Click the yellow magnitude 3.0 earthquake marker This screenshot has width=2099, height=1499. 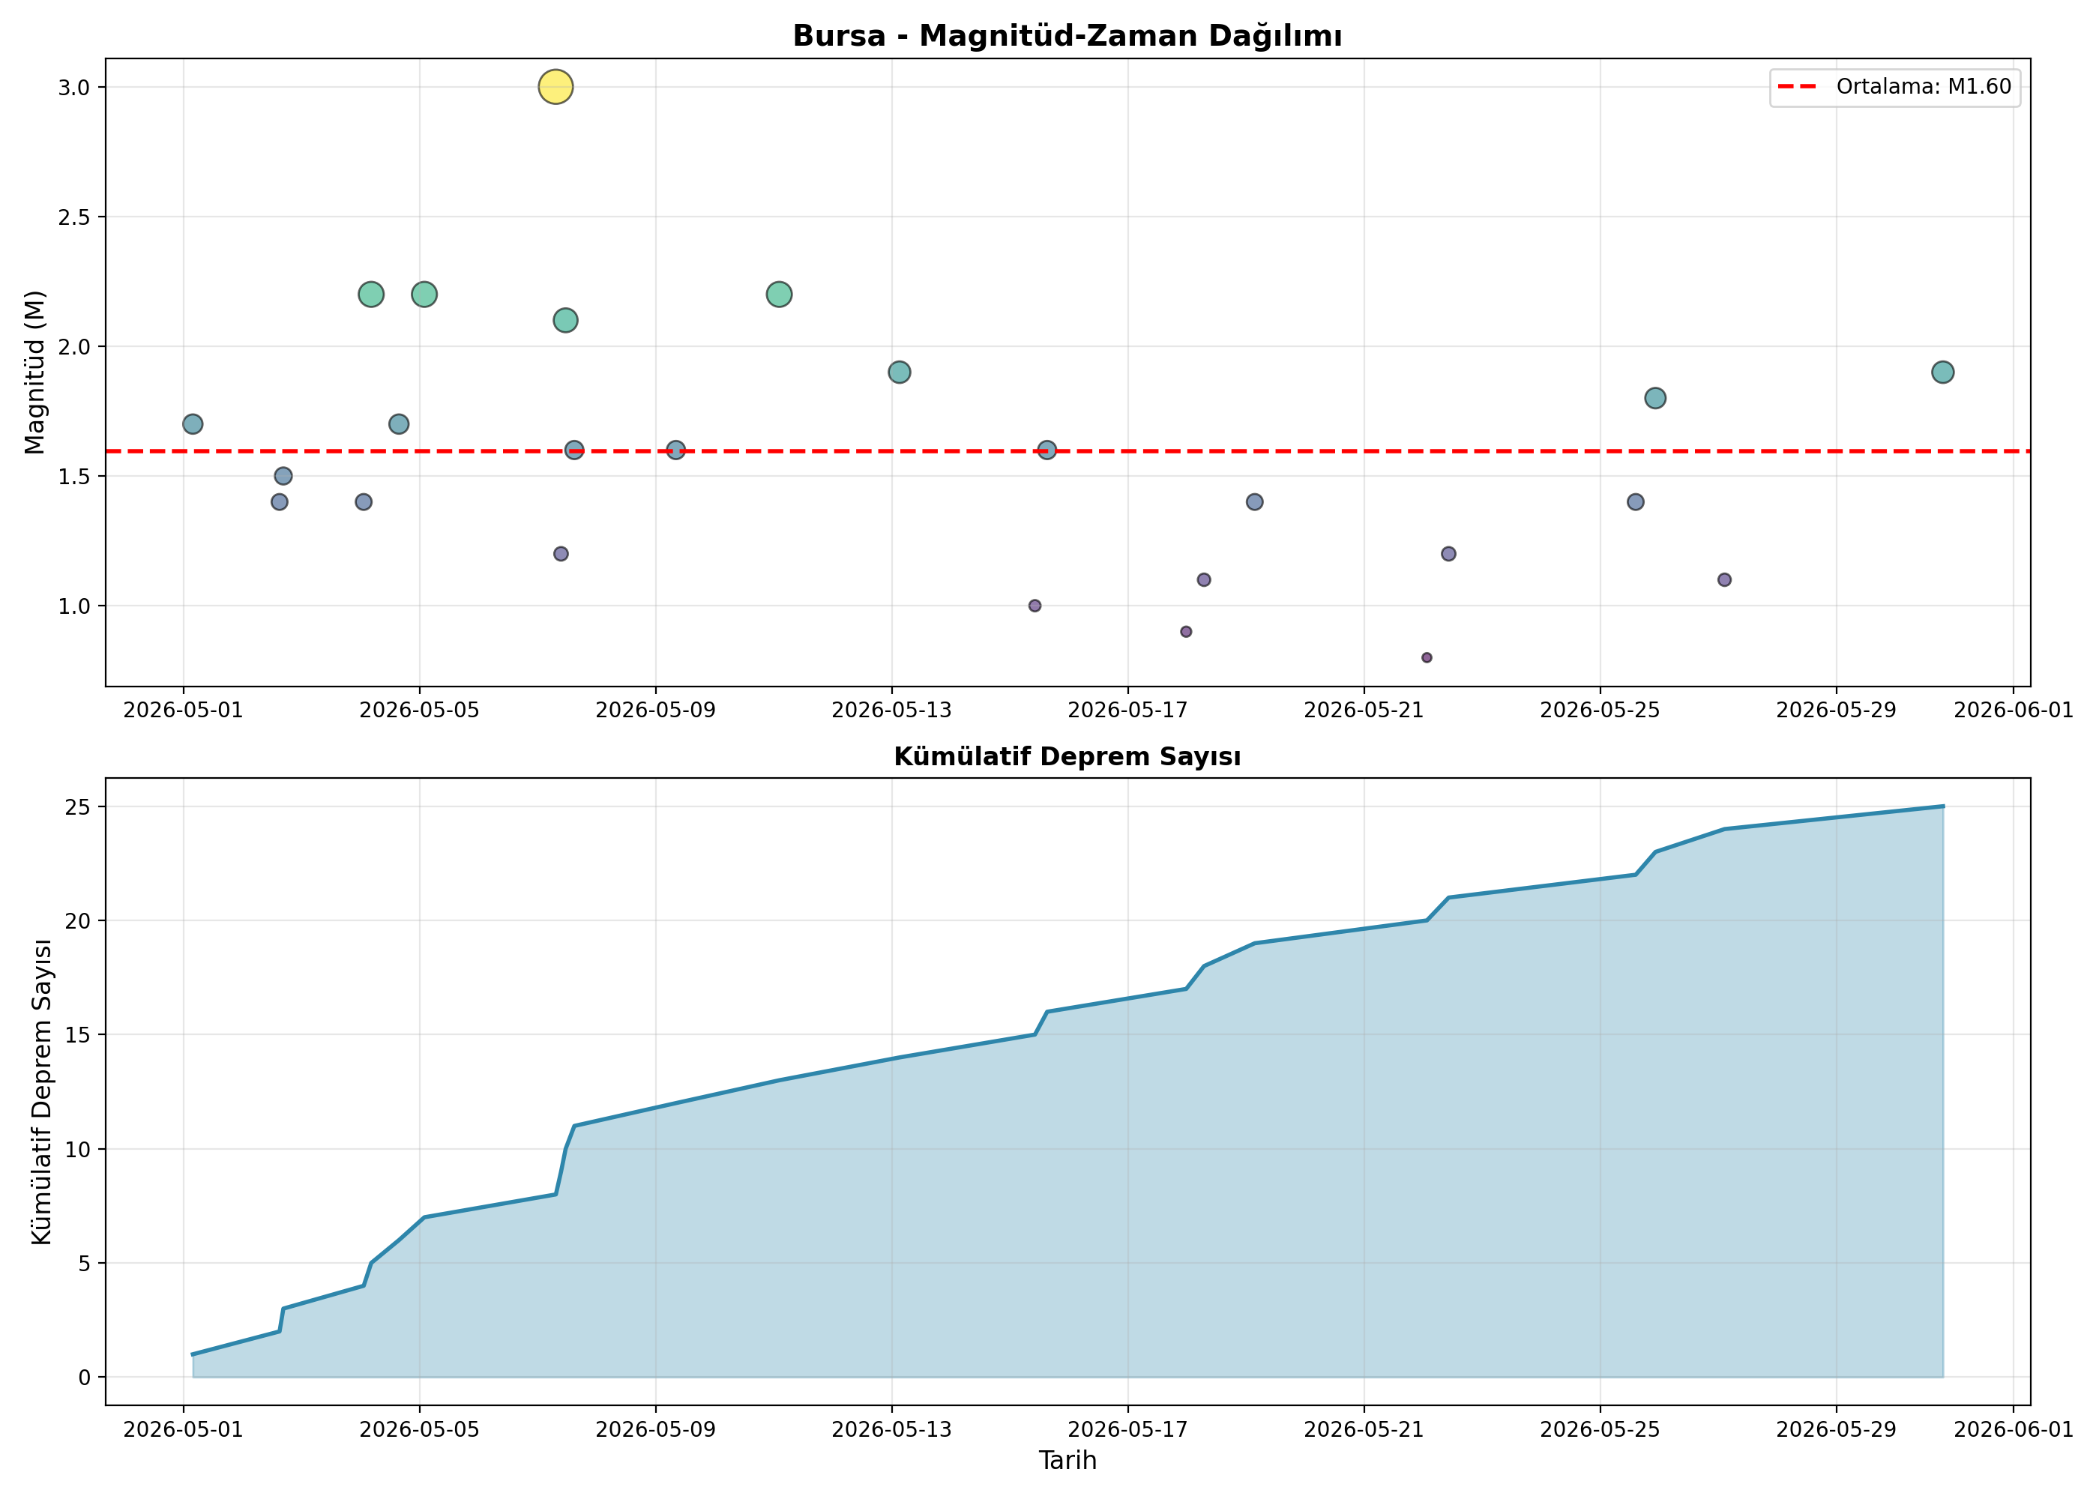(x=555, y=87)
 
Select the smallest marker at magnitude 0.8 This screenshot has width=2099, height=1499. (x=1426, y=657)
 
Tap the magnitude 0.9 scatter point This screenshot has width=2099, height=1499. (x=1185, y=631)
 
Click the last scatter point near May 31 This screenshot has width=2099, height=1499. (x=1942, y=372)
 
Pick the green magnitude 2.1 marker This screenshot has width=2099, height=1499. (x=565, y=320)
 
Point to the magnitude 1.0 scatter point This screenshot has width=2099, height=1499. (x=1034, y=606)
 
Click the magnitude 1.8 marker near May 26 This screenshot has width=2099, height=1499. (x=1654, y=398)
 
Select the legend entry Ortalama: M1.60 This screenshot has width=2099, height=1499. (x=1894, y=87)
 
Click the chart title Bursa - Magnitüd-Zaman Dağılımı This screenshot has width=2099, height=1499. (x=1067, y=36)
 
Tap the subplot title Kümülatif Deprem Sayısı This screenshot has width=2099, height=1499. (x=1067, y=756)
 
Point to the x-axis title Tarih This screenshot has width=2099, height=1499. (x=1067, y=1459)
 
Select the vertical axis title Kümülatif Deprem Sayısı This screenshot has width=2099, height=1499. (x=40, y=1092)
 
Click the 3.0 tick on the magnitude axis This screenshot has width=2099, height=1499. (x=75, y=88)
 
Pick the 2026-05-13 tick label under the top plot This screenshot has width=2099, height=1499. (x=891, y=710)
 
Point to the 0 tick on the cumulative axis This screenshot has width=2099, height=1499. (x=85, y=1377)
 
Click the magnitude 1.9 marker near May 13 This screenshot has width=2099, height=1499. (x=899, y=372)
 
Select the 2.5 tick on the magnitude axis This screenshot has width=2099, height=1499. (x=75, y=217)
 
